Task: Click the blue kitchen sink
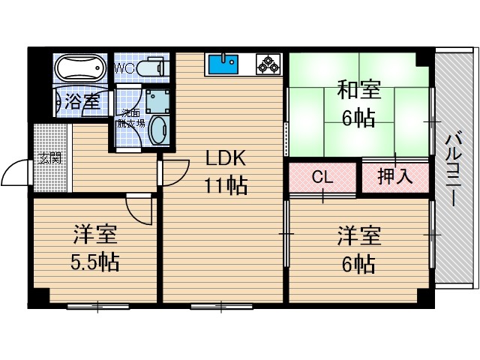coord(222,64)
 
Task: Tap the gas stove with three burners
coord(268,64)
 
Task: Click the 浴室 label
coord(82,101)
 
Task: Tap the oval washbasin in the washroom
coord(159,130)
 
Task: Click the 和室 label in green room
coord(358,91)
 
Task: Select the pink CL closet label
coord(322,178)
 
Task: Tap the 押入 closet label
coord(394,178)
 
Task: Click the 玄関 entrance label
coord(50,158)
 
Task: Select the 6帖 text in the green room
coord(358,118)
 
